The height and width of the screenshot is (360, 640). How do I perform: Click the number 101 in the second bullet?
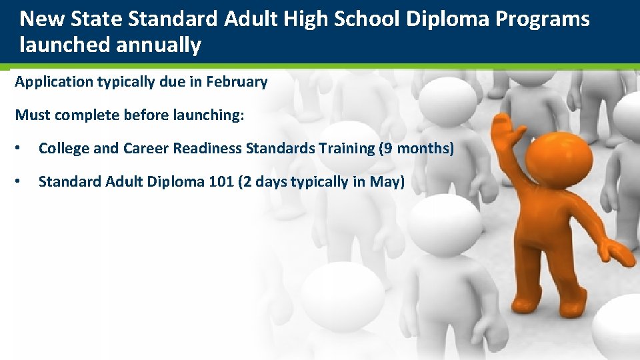point(221,181)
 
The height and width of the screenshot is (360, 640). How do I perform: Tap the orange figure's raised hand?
point(501,127)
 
